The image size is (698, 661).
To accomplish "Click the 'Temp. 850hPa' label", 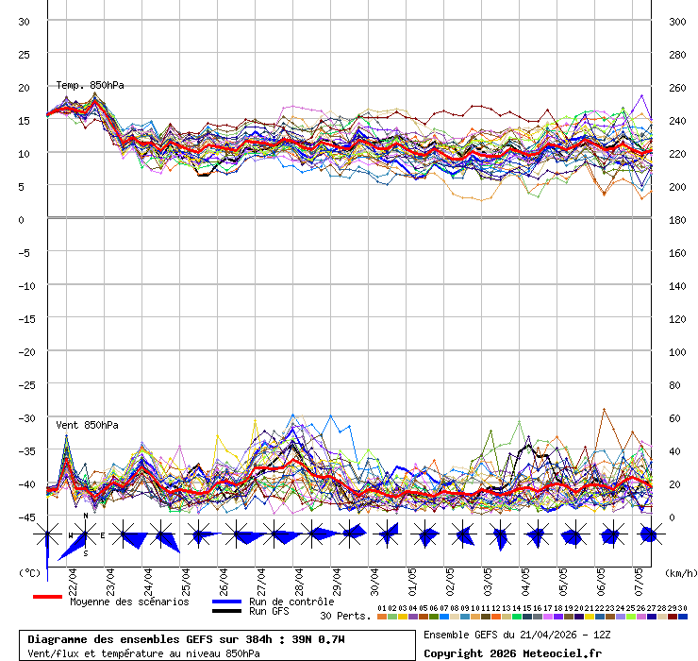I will click(x=90, y=85).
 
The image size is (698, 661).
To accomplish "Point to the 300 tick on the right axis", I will click(x=677, y=22).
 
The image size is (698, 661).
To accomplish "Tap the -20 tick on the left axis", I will click(x=25, y=351).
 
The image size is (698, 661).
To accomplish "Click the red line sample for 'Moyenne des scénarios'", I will click(x=47, y=597).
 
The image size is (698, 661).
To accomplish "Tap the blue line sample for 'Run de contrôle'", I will click(x=226, y=602).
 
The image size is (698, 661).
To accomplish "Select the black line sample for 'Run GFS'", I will click(x=226, y=611).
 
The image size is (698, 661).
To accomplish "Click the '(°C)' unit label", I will click(x=30, y=572).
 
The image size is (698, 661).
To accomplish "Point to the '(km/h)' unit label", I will click(x=679, y=572).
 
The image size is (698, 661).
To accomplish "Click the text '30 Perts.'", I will click(x=345, y=616).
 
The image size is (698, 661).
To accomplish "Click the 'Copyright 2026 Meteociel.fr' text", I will click(x=512, y=653).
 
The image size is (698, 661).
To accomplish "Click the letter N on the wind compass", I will click(x=86, y=517).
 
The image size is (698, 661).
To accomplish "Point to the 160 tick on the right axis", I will click(x=677, y=253).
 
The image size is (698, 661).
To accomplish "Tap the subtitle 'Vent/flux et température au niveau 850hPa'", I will click(x=143, y=653).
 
